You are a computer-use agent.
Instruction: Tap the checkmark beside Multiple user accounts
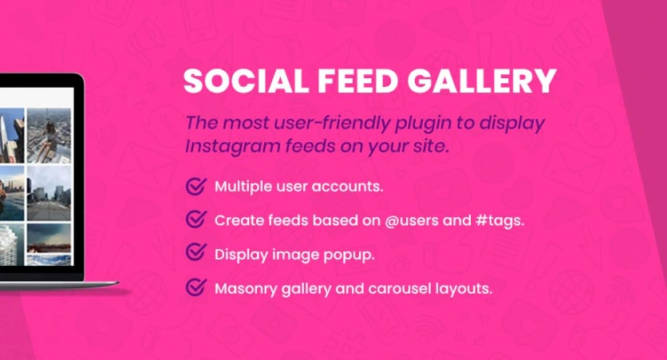(x=195, y=186)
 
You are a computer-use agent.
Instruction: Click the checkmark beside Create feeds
(x=195, y=220)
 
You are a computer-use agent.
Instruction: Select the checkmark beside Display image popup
(x=195, y=253)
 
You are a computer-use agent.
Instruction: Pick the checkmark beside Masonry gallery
(x=195, y=287)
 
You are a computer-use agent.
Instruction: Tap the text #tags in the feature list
(x=499, y=220)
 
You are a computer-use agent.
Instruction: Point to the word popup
(x=352, y=255)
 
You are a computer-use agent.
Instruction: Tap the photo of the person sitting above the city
(x=49, y=133)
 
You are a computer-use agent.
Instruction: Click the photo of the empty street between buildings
(x=49, y=192)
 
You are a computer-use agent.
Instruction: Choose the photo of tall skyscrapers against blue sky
(x=11, y=133)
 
